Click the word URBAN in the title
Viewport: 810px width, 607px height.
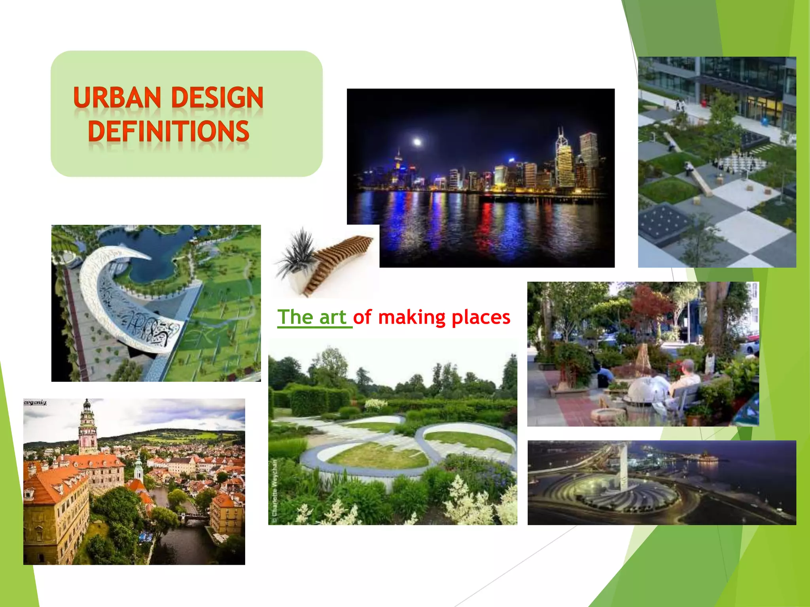click(117, 98)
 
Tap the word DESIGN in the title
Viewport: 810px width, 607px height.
click(217, 98)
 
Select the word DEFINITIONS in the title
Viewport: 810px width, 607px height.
click(168, 131)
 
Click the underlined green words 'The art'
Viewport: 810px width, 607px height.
click(312, 317)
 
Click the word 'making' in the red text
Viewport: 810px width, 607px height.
click(412, 317)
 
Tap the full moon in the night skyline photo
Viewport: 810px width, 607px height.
click(417, 141)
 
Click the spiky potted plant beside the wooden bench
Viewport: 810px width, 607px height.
click(299, 251)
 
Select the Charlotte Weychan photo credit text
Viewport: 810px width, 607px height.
click(275, 488)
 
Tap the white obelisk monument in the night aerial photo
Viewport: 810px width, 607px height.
click(623, 468)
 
